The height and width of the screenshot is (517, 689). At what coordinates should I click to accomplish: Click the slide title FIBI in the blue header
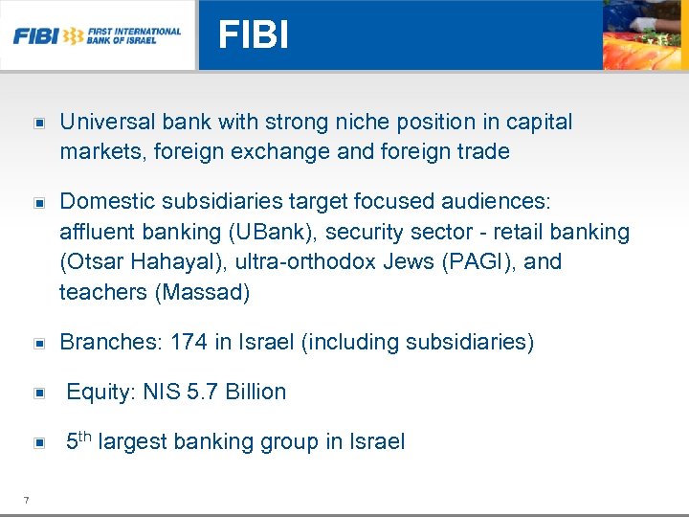coord(253,35)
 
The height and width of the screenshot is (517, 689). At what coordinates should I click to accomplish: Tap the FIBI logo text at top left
coord(34,36)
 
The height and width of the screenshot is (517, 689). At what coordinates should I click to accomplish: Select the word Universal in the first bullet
coord(106,123)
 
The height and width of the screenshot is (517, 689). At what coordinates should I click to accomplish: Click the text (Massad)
coord(202,292)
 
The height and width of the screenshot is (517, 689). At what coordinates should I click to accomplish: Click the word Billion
coord(256,392)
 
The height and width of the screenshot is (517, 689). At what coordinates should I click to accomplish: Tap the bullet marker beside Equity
coord(39,393)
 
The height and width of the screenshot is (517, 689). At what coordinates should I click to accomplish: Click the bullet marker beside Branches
coord(39,343)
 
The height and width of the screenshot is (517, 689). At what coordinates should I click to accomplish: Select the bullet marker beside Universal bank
coord(39,124)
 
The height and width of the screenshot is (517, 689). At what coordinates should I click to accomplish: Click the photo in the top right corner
coord(645,35)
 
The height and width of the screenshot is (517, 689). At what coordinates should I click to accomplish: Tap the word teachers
coord(103,292)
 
